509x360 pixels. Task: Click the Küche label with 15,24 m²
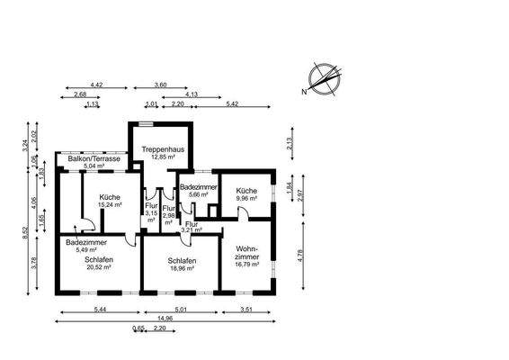[111, 200]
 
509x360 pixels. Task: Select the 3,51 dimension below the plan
[246, 310]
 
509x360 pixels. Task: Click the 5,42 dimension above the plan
[231, 104]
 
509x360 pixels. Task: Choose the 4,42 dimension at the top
[96, 85]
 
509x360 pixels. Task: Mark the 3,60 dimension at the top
[160, 85]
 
